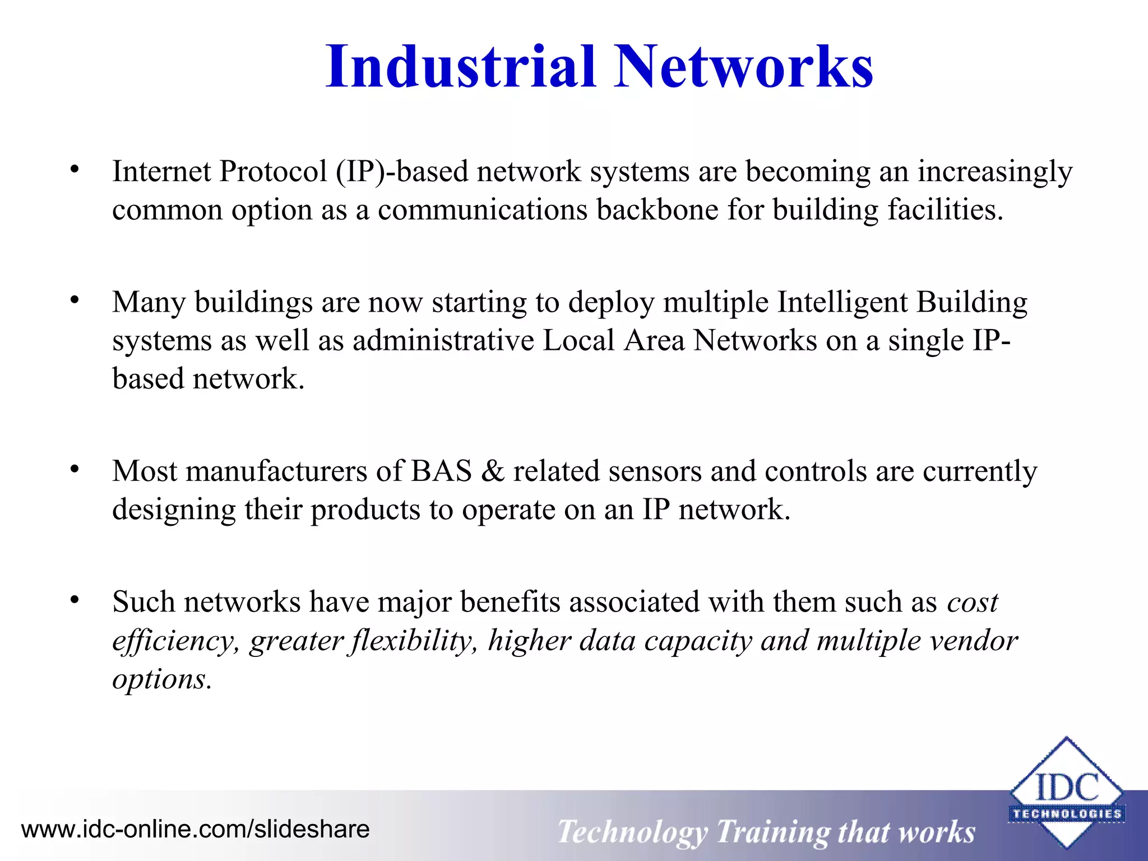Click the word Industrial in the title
tap(460, 67)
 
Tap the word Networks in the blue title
tap(743, 67)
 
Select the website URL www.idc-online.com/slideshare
tap(195, 829)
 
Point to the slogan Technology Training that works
tap(766, 831)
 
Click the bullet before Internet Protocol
tap(75, 169)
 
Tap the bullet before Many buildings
tap(75, 300)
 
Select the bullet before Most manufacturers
tap(75, 469)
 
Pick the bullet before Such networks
tap(75, 600)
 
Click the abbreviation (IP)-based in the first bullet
tap(401, 172)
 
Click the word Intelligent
tap(843, 303)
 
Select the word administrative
tap(443, 341)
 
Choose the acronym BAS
tap(441, 471)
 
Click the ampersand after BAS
tap(492, 471)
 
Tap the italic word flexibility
tap(413, 641)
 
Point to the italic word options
tap(161, 680)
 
